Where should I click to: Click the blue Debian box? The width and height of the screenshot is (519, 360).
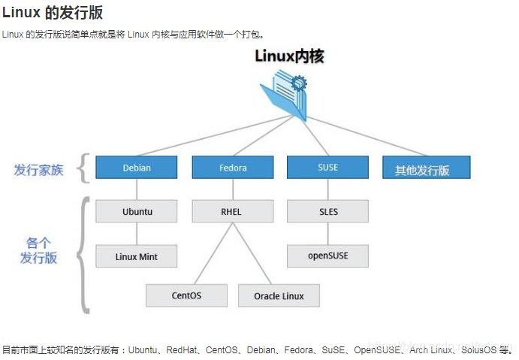click(137, 168)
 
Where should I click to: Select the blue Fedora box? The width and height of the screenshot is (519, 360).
click(232, 168)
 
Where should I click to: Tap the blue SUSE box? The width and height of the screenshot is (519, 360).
click(327, 168)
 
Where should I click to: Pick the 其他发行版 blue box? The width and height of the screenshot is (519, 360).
click(426, 168)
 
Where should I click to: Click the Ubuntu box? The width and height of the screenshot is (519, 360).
click(137, 211)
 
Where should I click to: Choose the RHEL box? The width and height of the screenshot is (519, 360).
click(232, 211)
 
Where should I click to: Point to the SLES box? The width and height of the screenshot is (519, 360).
click(327, 211)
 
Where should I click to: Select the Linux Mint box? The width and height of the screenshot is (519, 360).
click(137, 256)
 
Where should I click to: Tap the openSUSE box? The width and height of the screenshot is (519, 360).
click(327, 256)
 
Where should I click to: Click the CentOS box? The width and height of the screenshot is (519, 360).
click(186, 295)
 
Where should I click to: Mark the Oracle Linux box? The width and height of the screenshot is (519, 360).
click(279, 295)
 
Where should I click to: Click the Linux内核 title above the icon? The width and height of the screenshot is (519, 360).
click(289, 56)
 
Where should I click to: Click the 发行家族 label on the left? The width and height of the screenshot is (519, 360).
click(38, 170)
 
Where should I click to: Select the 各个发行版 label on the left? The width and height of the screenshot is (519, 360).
click(38, 251)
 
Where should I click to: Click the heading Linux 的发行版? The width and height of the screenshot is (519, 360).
click(53, 12)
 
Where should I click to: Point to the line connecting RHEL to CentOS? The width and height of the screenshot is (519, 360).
click(209, 254)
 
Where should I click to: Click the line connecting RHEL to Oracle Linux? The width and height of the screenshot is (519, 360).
click(255, 254)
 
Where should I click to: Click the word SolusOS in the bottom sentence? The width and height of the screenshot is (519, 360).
click(478, 350)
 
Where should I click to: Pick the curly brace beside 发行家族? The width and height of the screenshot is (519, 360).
click(83, 168)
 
